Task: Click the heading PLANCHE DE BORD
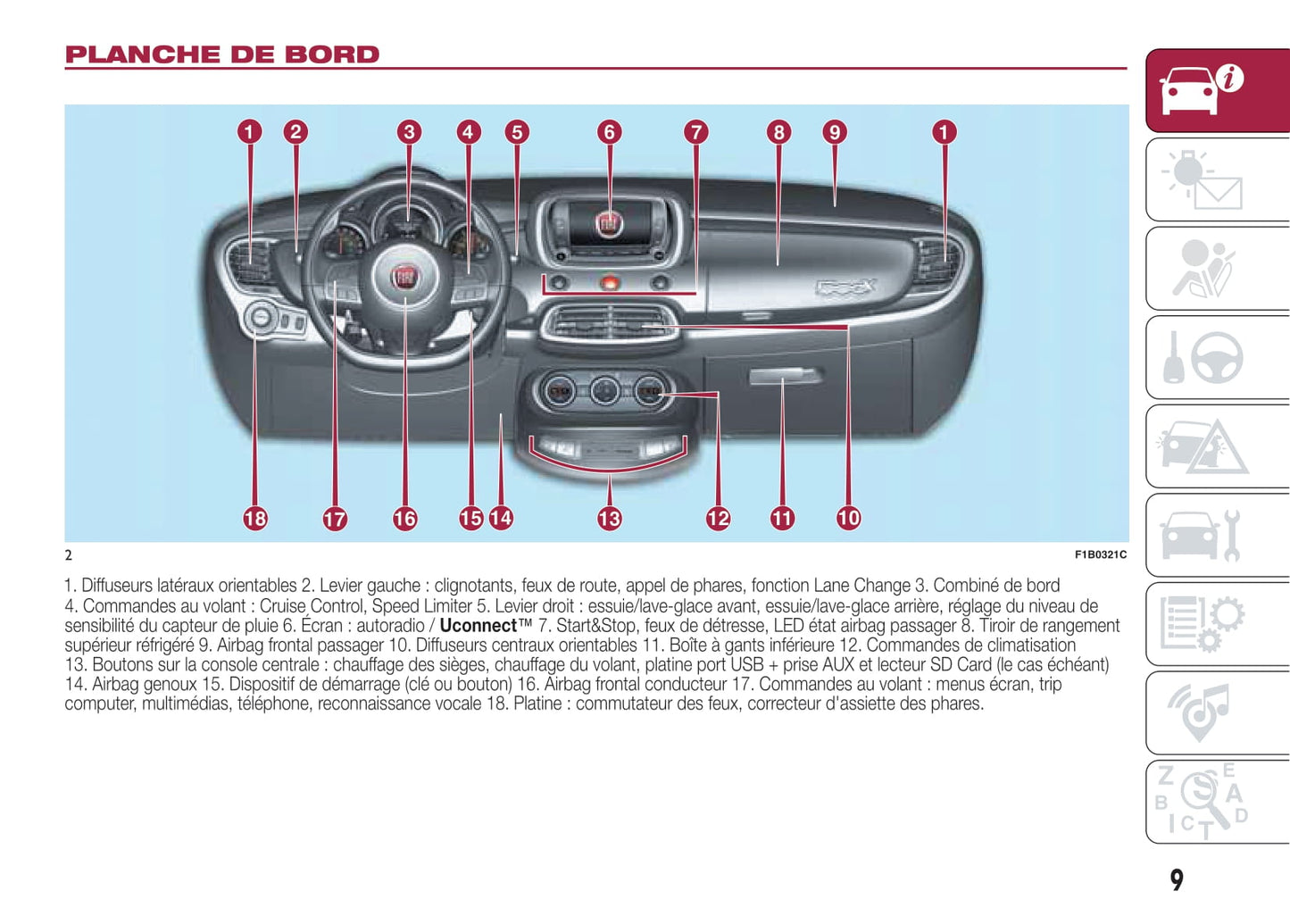pos(222,54)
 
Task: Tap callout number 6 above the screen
pos(609,132)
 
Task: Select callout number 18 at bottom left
pos(255,518)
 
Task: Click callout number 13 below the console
pos(609,518)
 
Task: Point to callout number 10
pos(848,518)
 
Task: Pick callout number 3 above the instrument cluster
pos(409,132)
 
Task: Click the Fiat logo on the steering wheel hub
pos(405,276)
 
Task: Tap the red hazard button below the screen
pos(609,283)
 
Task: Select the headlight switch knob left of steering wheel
pos(261,318)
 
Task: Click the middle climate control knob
pos(604,391)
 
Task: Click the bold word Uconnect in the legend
pos(479,626)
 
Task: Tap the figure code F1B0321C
pos(1100,554)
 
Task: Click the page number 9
pos(1177,880)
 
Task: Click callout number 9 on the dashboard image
pos(834,132)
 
